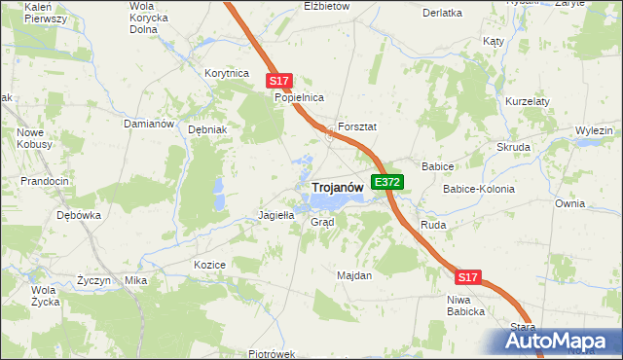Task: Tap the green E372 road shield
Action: click(387, 182)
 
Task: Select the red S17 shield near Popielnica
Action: click(279, 82)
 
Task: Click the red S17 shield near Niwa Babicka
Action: click(468, 277)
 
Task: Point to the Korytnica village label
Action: click(228, 73)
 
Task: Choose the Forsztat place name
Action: click(357, 127)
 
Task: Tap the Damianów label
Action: click(148, 125)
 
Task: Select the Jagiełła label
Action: click(275, 215)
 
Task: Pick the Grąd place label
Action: click(322, 222)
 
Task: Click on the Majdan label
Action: click(354, 275)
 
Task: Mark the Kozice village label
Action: click(209, 265)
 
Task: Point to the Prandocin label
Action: click(45, 181)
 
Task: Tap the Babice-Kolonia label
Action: click(479, 189)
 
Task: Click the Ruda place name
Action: click(432, 225)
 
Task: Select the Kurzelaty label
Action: click(529, 101)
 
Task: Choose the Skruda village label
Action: click(513, 147)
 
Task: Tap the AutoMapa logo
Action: click(556, 342)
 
